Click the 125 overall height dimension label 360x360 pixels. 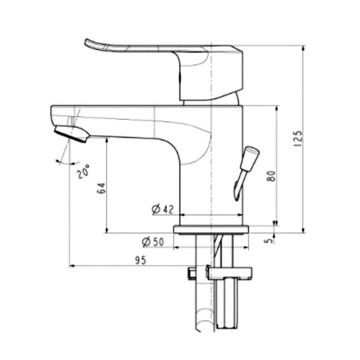coord(298,139)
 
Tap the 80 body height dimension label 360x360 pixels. coord(271,176)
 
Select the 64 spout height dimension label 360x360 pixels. coord(101,188)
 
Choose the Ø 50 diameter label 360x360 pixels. coord(153,242)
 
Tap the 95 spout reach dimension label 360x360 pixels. coord(140,260)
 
